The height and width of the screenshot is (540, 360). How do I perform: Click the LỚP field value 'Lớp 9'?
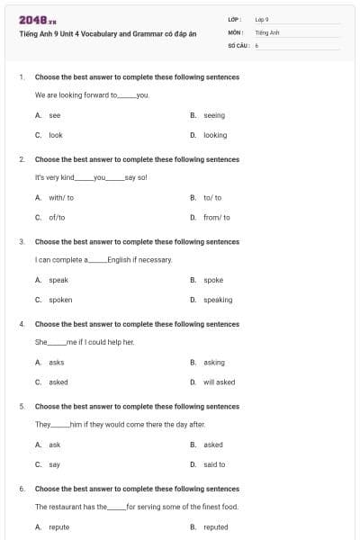click(262, 19)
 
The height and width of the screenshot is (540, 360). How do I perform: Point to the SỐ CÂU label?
click(238, 44)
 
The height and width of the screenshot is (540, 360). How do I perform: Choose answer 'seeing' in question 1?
click(214, 115)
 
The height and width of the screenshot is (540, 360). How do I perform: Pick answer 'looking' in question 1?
click(215, 135)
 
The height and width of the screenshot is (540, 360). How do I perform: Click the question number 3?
click(22, 242)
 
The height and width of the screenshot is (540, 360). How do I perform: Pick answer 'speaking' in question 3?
click(218, 300)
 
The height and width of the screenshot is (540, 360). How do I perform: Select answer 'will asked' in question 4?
click(219, 382)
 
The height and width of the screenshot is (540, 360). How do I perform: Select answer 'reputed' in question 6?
click(216, 526)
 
